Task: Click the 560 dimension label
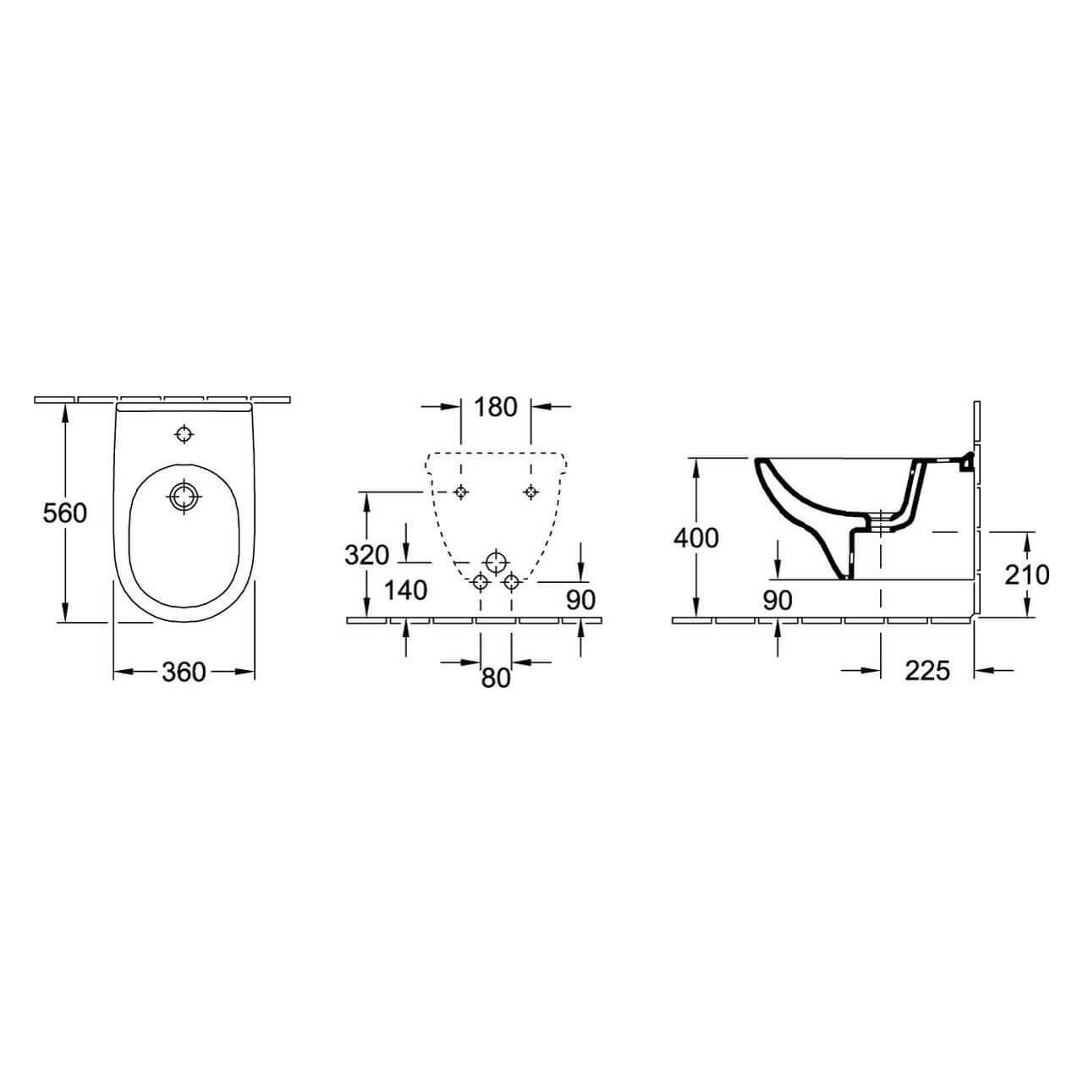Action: pyautogui.click(x=65, y=513)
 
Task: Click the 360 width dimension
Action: pyautogui.click(x=184, y=672)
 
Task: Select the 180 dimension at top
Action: pyautogui.click(x=495, y=407)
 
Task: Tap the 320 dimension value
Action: pyautogui.click(x=367, y=555)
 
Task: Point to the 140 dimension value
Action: pyautogui.click(x=405, y=590)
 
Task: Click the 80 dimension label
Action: pyautogui.click(x=496, y=677)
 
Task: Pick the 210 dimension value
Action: pyautogui.click(x=1027, y=574)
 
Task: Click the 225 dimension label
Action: pyautogui.click(x=927, y=671)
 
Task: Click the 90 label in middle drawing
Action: pyautogui.click(x=580, y=600)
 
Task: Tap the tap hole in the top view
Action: pyautogui.click(x=184, y=435)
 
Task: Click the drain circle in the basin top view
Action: pyautogui.click(x=183, y=496)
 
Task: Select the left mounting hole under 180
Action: pyautogui.click(x=460, y=492)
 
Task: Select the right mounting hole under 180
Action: pyautogui.click(x=531, y=492)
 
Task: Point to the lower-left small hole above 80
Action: pyautogui.click(x=480, y=581)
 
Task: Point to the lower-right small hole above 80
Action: pyautogui.click(x=510, y=581)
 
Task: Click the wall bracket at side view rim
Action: pyautogui.click(x=965, y=461)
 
